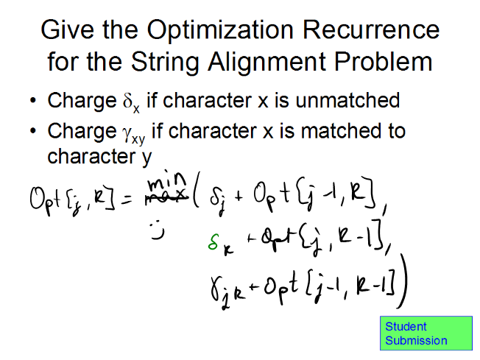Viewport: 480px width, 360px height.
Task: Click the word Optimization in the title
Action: (220, 30)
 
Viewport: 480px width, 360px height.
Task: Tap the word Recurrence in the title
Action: (371, 29)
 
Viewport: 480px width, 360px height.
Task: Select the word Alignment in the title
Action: (267, 63)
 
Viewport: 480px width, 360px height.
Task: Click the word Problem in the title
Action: (383, 62)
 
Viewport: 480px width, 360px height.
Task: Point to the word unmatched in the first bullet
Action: (347, 100)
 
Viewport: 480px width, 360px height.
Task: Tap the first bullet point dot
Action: (33, 100)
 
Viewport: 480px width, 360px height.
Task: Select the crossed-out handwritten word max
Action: (167, 196)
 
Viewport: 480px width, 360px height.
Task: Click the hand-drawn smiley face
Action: (157, 230)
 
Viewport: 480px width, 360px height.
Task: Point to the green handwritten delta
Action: (213, 241)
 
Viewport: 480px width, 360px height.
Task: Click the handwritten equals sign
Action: (126, 200)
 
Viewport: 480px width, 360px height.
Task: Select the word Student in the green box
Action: (406, 327)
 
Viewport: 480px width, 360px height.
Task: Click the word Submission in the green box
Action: (416, 341)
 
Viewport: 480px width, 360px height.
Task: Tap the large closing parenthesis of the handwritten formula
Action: (402, 281)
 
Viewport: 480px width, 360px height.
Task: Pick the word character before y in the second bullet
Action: (91, 156)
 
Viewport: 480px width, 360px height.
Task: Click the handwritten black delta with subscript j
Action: (216, 200)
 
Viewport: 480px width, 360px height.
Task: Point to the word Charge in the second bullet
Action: (82, 132)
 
